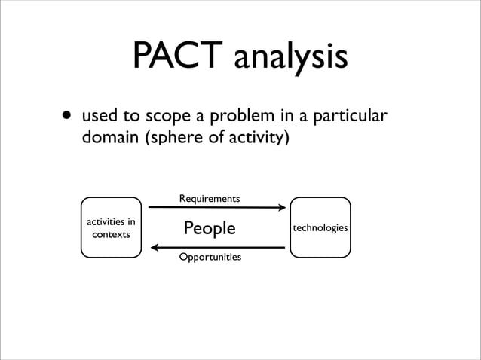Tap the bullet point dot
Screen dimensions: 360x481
coord(68,117)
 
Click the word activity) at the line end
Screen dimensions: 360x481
coord(257,139)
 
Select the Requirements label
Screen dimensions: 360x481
coord(210,199)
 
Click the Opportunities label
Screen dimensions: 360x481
coord(210,258)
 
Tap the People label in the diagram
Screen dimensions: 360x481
coord(210,228)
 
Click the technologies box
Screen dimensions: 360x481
coord(320,227)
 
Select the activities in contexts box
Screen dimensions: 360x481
coord(111,227)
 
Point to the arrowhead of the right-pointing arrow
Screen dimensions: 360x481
coord(284,209)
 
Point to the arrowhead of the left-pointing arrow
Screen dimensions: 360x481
coord(154,247)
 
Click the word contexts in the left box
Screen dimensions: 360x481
coord(111,235)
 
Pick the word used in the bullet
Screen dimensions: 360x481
coord(98,118)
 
